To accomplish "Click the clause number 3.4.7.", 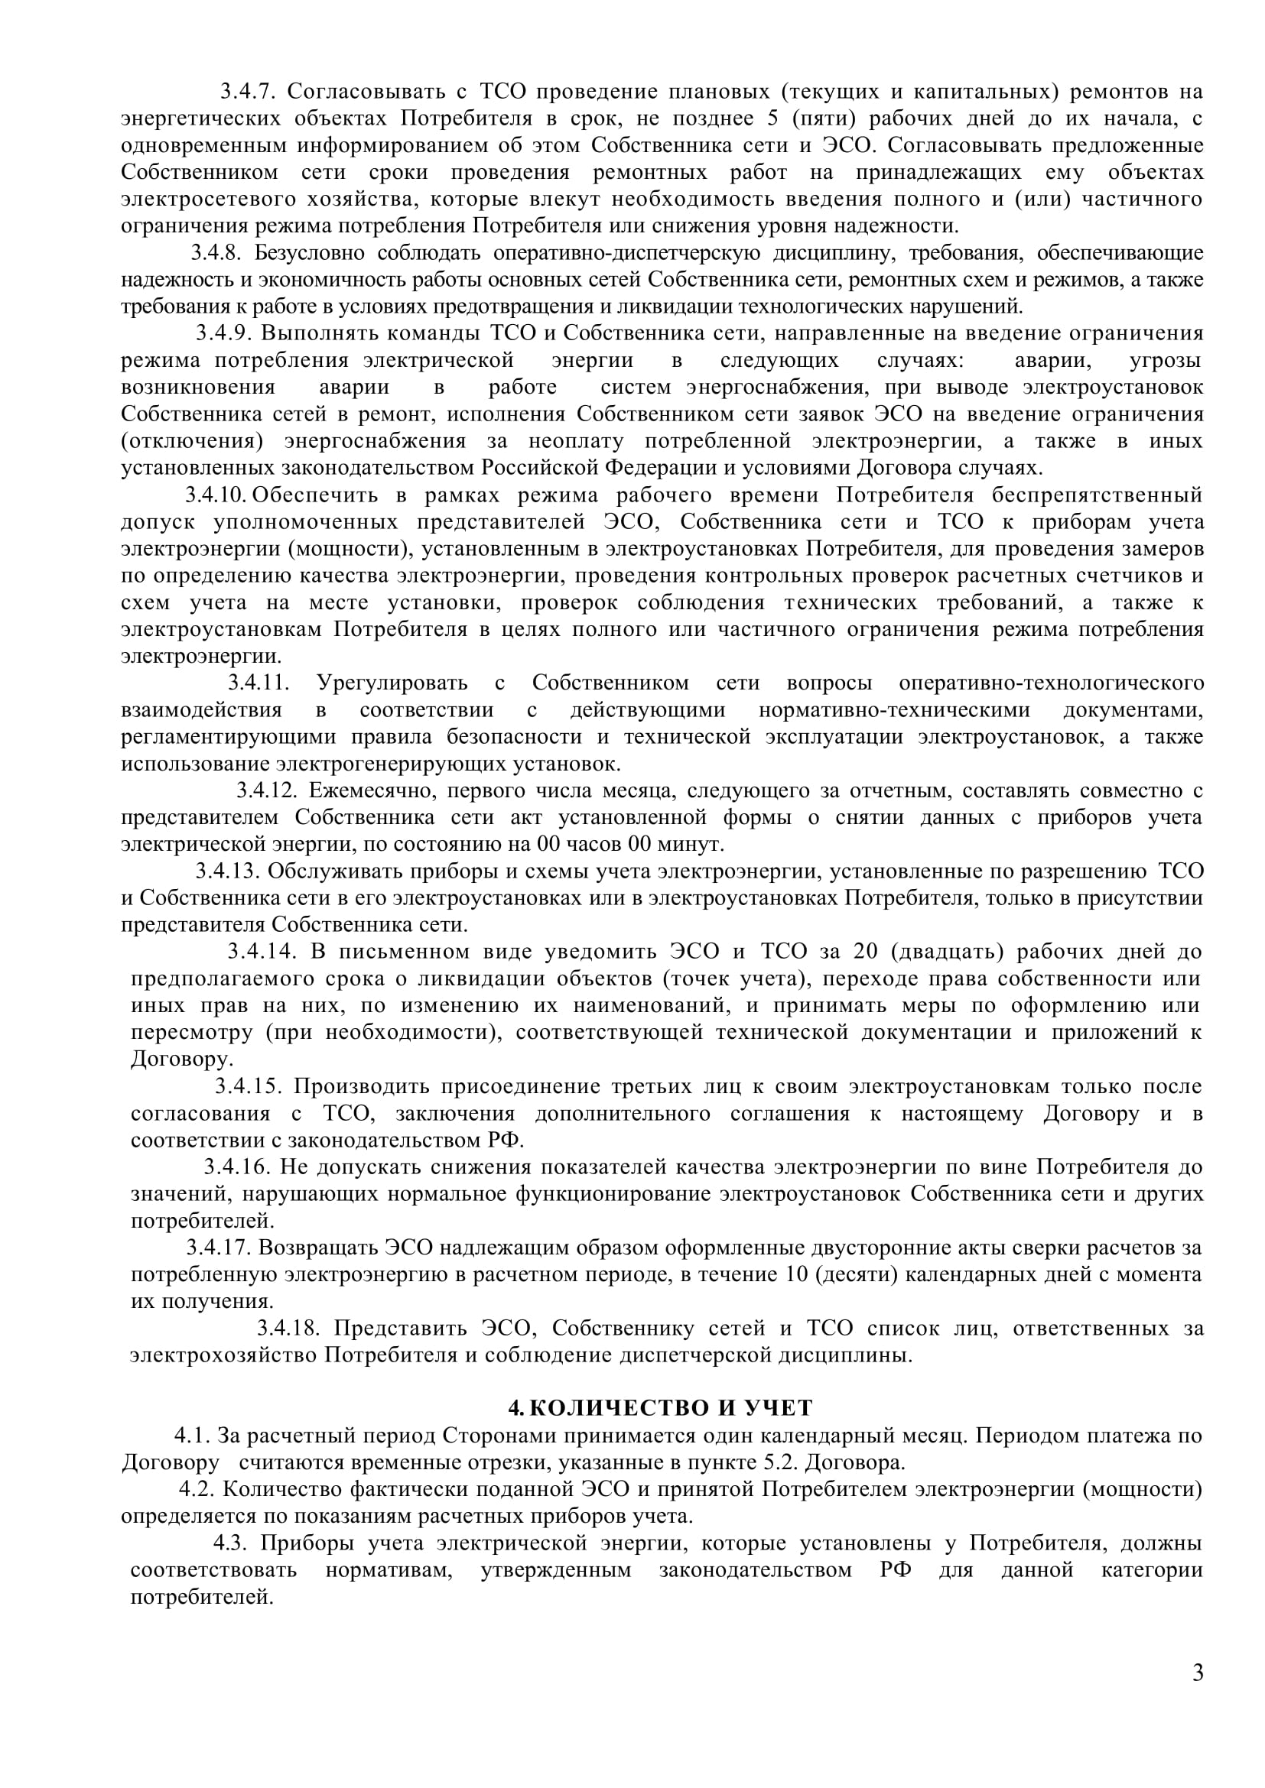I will click(x=248, y=92).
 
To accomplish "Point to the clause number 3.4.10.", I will click(x=216, y=495).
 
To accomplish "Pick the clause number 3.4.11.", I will click(x=259, y=683).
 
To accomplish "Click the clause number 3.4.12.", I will click(x=267, y=790).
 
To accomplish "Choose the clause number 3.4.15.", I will click(x=249, y=1086).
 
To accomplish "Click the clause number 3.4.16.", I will click(x=237, y=1167).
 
